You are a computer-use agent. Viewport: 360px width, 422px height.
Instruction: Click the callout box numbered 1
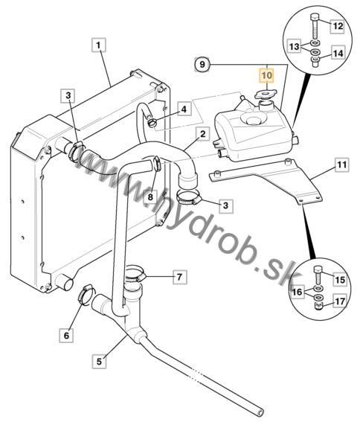click(98, 45)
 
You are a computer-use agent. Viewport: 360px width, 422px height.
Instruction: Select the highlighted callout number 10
click(266, 75)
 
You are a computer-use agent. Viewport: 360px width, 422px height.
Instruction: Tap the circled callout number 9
click(202, 64)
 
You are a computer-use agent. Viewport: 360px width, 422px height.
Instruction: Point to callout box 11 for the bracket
click(341, 164)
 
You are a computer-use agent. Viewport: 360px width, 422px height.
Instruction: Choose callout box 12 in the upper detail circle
click(338, 26)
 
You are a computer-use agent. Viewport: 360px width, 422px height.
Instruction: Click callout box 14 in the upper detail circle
click(338, 53)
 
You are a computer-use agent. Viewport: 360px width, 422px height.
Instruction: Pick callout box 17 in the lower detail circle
click(340, 301)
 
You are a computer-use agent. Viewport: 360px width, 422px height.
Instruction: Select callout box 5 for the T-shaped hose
click(99, 362)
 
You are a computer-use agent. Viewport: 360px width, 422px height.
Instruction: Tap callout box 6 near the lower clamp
click(66, 335)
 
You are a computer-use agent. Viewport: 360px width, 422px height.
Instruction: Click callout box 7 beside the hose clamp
click(179, 276)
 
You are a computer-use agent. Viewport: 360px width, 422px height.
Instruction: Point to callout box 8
click(150, 196)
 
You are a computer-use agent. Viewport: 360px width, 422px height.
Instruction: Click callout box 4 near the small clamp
click(184, 109)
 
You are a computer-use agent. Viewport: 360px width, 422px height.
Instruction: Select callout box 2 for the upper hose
click(202, 134)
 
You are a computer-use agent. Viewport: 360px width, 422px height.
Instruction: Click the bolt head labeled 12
click(315, 19)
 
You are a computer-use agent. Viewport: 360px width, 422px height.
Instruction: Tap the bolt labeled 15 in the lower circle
click(318, 274)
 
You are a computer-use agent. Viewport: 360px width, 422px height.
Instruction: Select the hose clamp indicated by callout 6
click(86, 295)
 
